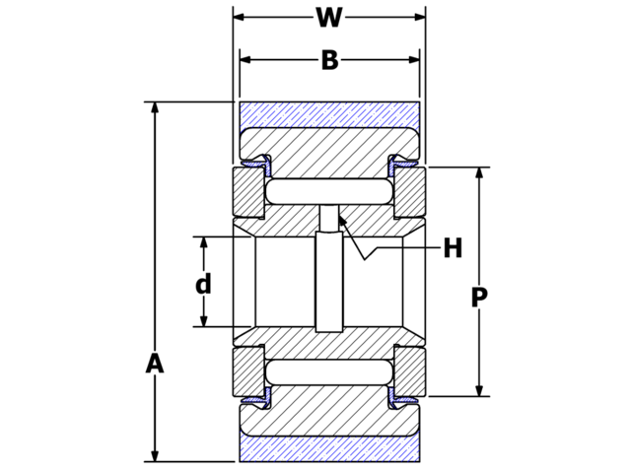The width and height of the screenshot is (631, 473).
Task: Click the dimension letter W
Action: (329, 18)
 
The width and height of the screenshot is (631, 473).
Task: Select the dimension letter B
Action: (329, 61)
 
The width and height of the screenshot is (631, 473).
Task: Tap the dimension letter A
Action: (154, 364)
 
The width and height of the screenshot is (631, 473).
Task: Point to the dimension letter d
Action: (203, 285)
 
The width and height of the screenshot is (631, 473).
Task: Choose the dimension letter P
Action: (479, 298)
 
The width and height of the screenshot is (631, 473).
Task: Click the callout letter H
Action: (453, 248)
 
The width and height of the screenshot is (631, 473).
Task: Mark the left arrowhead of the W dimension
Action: (240, 18)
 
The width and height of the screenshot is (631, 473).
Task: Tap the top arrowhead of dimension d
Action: (203, 243)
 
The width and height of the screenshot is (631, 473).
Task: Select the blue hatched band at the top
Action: (329, 113)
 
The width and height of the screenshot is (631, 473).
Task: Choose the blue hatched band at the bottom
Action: (329, 449)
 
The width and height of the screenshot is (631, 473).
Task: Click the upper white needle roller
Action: (329, 190)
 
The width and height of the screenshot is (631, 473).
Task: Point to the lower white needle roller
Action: (329, 372)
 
